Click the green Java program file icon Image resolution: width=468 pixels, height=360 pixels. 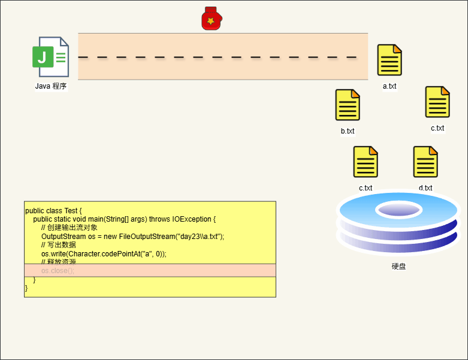click(50, 57)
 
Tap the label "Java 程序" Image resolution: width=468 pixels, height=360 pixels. click(51, 86)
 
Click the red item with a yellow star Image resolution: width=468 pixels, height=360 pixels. click(211, 19)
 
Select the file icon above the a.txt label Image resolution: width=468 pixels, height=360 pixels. click(390, 60)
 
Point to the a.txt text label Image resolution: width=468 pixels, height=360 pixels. click(390, 86)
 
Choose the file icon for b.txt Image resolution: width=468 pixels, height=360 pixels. click(348, 105)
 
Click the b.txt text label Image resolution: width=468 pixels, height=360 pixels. click(348, 131)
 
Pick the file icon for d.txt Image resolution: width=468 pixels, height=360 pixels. click(425, 162)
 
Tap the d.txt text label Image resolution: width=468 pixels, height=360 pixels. click(425, 187)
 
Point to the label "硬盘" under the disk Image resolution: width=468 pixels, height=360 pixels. click(398, 266)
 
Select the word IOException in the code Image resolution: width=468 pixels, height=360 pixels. click(192, 219)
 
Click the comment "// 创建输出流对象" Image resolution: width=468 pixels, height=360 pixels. click(69, 228)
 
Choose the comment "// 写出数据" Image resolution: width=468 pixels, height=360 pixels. click(59, 245)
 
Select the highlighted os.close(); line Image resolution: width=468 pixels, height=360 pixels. click(58, 271)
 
